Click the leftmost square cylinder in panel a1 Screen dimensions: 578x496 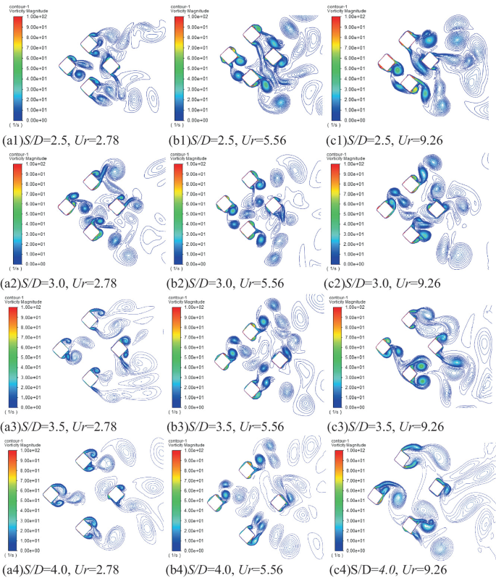pyautogui.click(x=69, y=66)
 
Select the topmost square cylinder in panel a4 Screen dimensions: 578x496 pyautogui.click(x=90, y=459)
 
